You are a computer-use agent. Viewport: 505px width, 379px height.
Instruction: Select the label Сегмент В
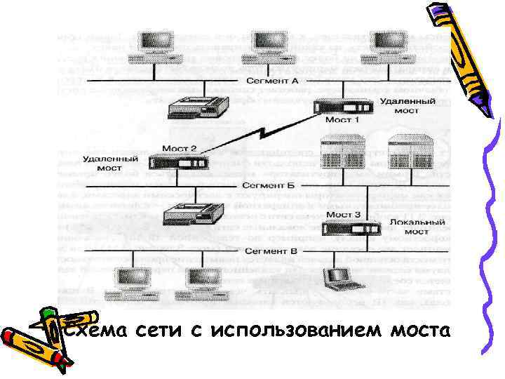[271, 251]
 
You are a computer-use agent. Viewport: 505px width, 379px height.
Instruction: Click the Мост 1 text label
[342, 120]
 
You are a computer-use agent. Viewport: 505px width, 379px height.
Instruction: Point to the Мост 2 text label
[180, 149]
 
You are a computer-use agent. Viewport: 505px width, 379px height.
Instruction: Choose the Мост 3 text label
[344, 214]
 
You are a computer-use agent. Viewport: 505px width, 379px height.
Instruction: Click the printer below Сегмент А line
[198, 107]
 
